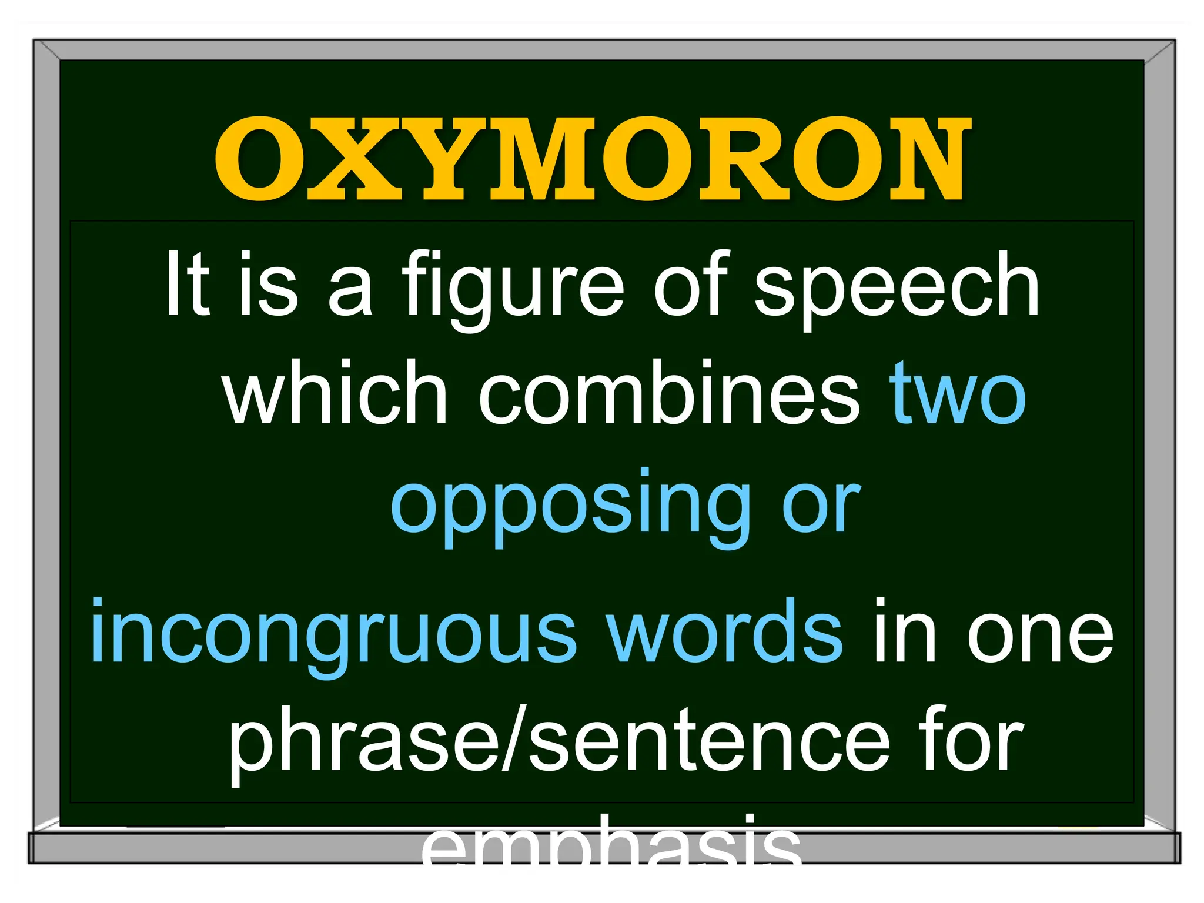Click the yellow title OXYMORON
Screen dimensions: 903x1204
[593, 159]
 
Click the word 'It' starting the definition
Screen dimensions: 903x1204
[187, 284]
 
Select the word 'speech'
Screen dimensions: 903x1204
[897, 288]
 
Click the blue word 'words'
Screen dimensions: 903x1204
[725, 631]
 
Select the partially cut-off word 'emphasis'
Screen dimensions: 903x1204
[611, 841]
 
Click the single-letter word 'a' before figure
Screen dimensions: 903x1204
[350, 291]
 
